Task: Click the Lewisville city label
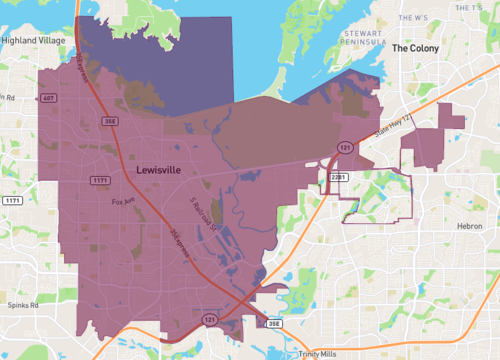click(158, 171)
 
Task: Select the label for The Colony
click(415, 47)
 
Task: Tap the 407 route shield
click(48, 98)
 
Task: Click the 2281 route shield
click(338, 177)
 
